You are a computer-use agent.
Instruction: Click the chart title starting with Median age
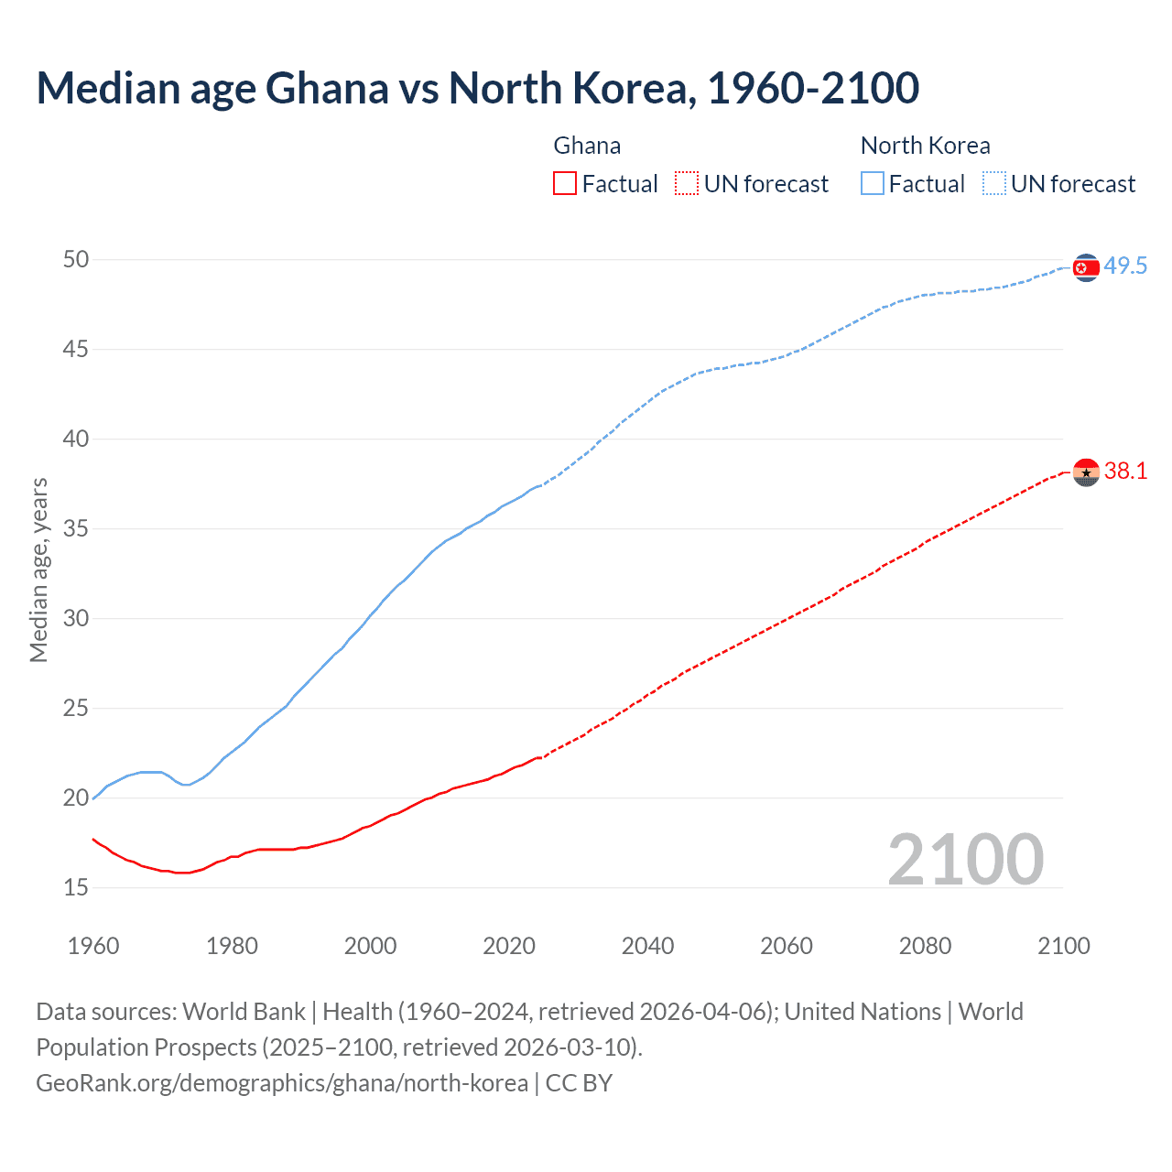477,89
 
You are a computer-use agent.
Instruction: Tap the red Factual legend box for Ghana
565,183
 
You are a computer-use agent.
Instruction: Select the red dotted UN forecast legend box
686,183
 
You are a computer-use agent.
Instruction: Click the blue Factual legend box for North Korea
872,183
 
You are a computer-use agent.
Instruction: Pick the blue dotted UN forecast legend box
993,183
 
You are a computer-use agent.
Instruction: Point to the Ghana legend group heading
587,146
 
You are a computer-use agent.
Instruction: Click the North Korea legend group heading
925,146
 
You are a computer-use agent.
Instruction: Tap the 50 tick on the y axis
76,259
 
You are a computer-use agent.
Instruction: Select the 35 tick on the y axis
76,528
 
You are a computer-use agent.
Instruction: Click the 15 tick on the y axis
76,887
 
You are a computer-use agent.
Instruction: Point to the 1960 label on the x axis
93,946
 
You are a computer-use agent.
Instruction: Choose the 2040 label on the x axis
647,946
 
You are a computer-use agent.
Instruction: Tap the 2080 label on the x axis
925,946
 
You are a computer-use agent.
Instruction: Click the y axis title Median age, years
38,570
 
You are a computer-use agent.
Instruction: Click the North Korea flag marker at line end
1085,267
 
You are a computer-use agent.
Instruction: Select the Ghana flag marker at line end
1085,472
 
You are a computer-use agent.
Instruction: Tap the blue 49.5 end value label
1125,266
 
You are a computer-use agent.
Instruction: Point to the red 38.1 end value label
1125,472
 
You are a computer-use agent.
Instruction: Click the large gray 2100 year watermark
965,859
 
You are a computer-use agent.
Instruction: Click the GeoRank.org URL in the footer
282,1083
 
